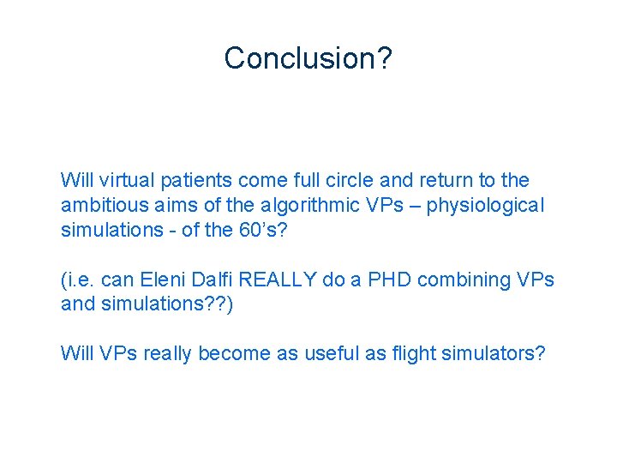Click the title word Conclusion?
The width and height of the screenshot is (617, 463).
[308, 58]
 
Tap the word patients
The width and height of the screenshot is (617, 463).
[195, 181]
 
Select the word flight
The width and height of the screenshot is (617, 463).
[415, 354]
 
